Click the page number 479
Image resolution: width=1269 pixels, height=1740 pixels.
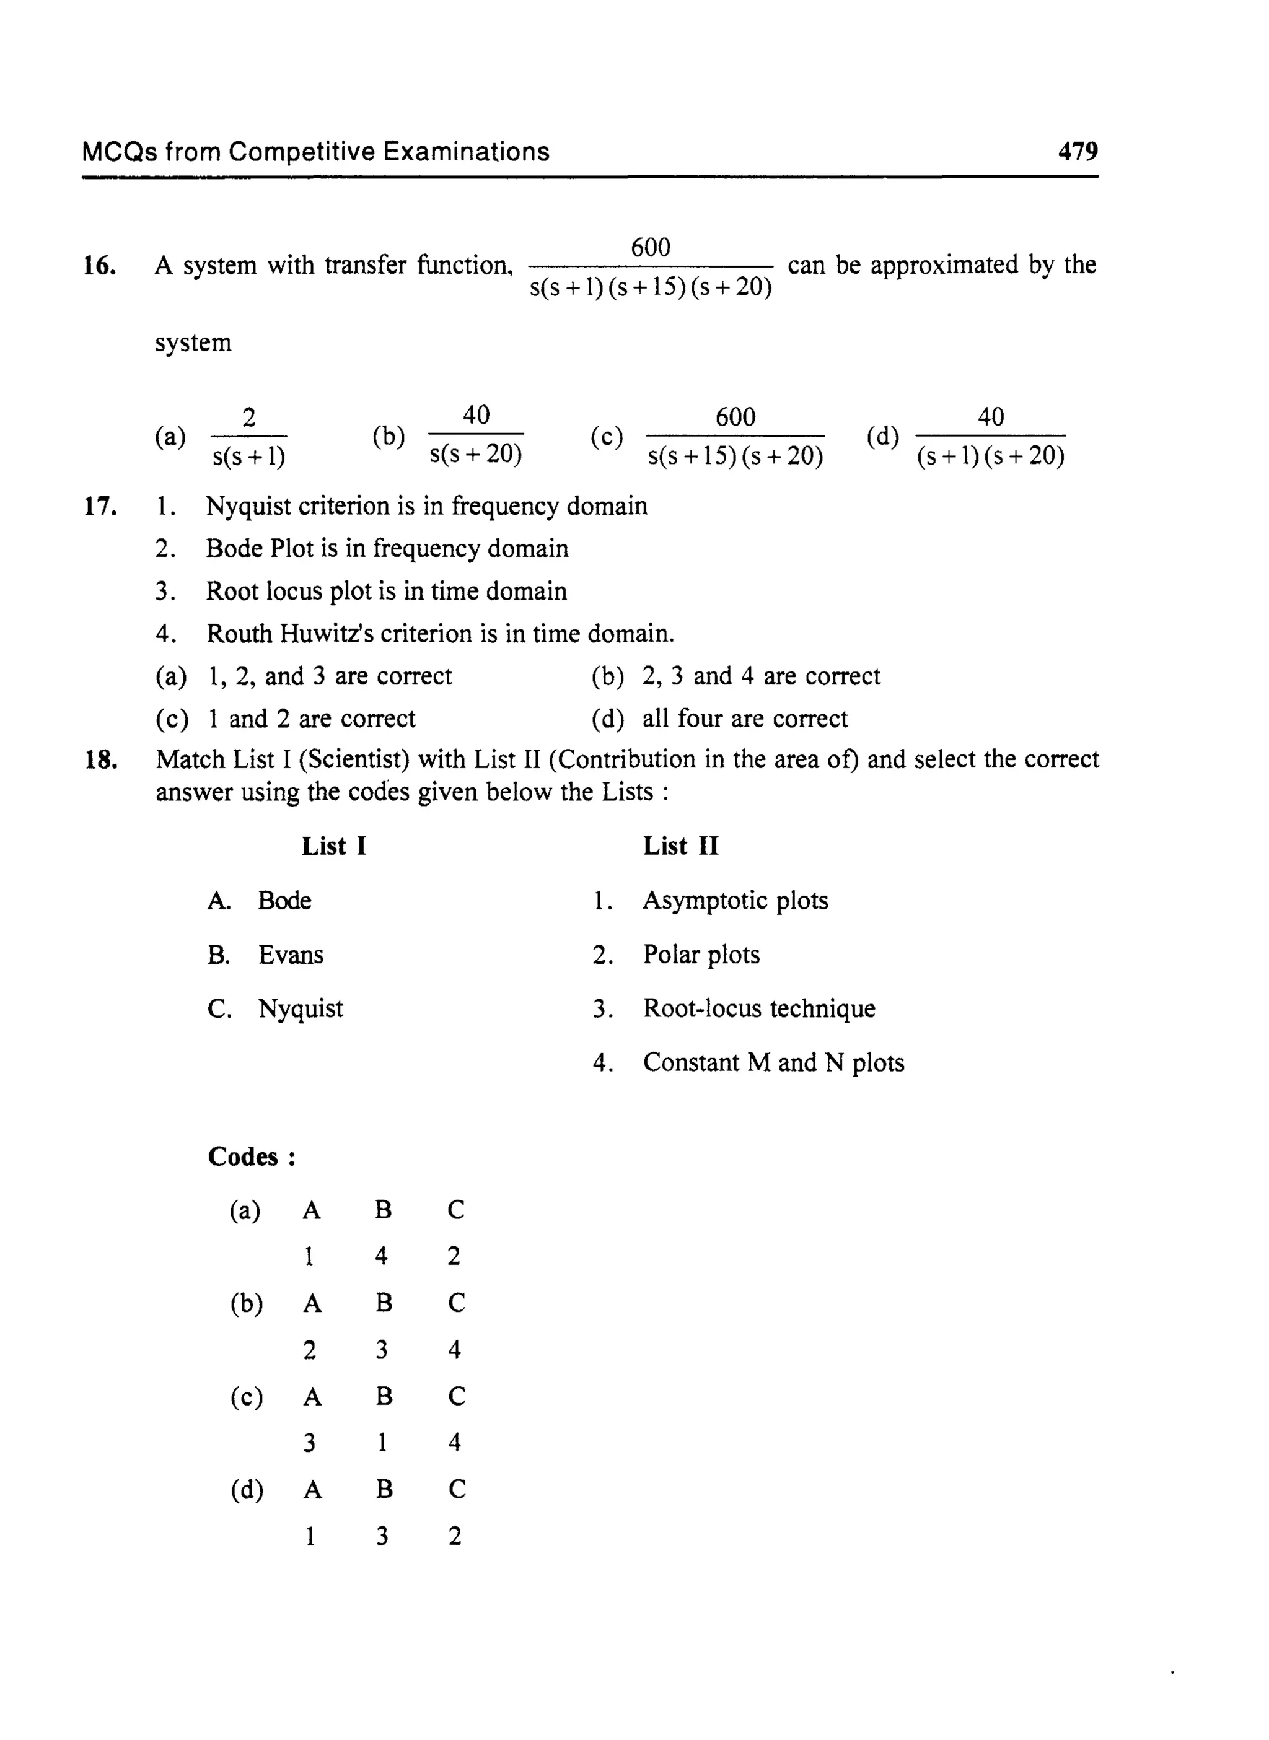click(x=1077, y=151)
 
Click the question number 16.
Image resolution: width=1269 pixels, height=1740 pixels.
click(x=100, y=266)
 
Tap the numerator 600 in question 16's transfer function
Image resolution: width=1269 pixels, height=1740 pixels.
click(x=650, y=247)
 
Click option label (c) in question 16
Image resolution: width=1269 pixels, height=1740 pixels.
click(x=606, y=436)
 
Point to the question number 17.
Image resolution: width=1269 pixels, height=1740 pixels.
click(x=100, y=507)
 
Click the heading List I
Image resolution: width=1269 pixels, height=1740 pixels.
click(x=333, y=846)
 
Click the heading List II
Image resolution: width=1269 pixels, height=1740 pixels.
click(x=680, y=846)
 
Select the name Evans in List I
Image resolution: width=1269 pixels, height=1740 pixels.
click(x=291, y=955)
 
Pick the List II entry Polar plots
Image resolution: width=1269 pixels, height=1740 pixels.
click(x=701, y=955)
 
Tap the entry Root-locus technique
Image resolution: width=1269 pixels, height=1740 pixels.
click(x=758, y=1009)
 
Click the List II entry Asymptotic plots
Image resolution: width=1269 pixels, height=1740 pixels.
click(x=735, y=901)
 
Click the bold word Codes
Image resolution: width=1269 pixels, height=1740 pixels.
click(x=243, y=1156)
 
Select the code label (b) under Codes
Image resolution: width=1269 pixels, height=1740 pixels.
click(x=247, y=1303)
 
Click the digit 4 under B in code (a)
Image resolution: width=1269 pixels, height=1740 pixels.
click(x=381, y=1256)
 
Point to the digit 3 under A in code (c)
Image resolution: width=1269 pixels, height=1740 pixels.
click(x=309, y=1443)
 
